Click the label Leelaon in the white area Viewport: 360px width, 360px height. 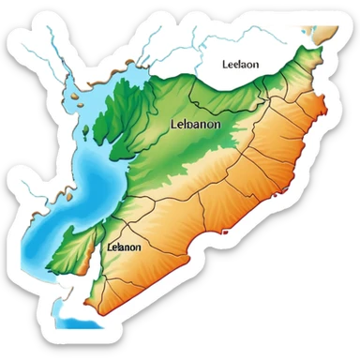coord(241,65)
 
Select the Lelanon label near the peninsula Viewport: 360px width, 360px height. coord(124,247)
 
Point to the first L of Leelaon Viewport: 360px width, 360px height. coord(225,65)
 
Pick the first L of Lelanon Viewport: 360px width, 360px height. coord(111,247)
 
